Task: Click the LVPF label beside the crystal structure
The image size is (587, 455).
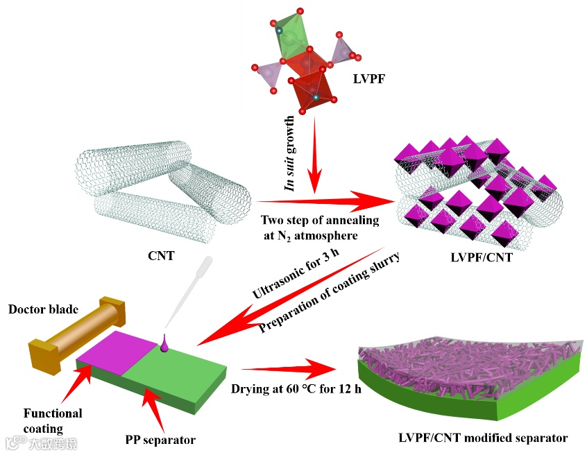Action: [x=367, y=79]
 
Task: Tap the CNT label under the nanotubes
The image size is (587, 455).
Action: [x=161, y=255]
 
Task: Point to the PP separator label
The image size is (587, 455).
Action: [x=160, y=439]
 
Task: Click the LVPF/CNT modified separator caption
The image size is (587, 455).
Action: [x=483, y=438]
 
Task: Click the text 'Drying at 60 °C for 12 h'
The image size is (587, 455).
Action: [x=296, y=388]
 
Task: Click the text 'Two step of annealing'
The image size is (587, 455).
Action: [x=320, y=221]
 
